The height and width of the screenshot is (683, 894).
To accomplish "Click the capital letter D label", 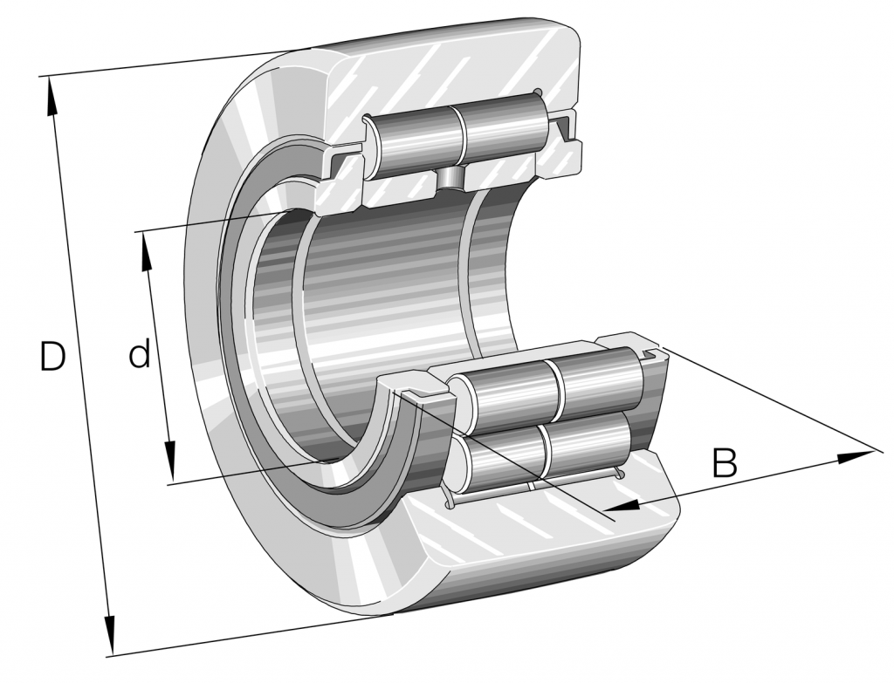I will (x=52, y=357).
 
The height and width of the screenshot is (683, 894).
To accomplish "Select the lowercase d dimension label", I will (x=140, y=355).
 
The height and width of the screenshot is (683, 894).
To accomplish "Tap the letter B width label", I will (x=724, y=463).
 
